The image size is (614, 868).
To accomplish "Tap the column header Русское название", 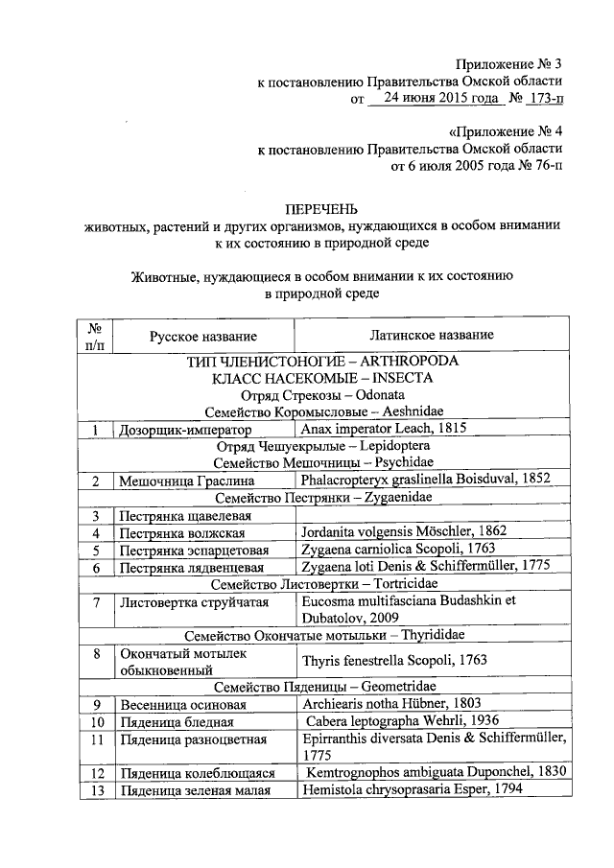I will tap(202, 336).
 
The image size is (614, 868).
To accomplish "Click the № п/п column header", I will tap(95, 336).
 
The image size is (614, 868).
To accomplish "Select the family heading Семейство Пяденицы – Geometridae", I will tap(324, 687).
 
